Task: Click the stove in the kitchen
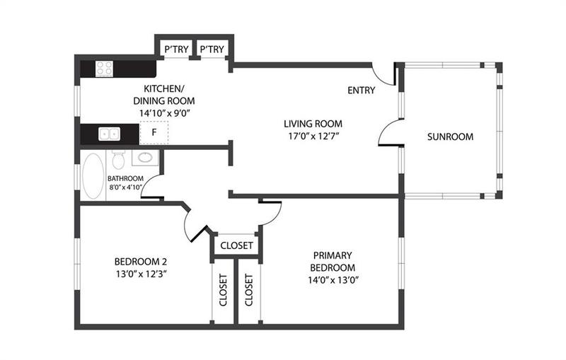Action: point(105,69)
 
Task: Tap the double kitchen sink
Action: point(109,133)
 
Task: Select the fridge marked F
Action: point(154,133)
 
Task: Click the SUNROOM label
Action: point(450,137)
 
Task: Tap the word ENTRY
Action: point(362,91)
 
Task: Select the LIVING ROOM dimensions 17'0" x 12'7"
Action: point(313,136)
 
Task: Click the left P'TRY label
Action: point(174,50)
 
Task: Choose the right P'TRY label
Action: point(212,50)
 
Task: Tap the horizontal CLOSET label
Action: point(237,246)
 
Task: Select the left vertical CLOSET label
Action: point(223,290)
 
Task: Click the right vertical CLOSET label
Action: point(248,290)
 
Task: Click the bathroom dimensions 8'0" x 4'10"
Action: point(126,187)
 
